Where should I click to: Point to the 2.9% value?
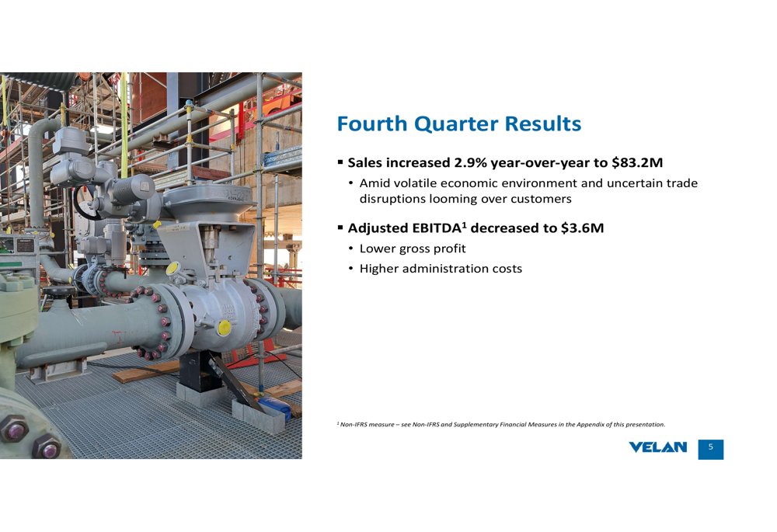point(470,162)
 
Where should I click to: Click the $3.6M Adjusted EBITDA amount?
point(582,228)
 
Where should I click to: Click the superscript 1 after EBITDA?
point(465,224)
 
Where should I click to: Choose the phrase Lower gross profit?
point(413,249)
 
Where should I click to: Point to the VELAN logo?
point(657,447)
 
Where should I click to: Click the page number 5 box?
point(711,449)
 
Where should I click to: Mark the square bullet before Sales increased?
point(340,162)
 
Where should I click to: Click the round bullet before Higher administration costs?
point(351,269)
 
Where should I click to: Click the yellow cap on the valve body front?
point(225,328)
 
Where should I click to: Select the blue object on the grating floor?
point(274,407)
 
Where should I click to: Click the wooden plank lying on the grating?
point(146,372)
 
